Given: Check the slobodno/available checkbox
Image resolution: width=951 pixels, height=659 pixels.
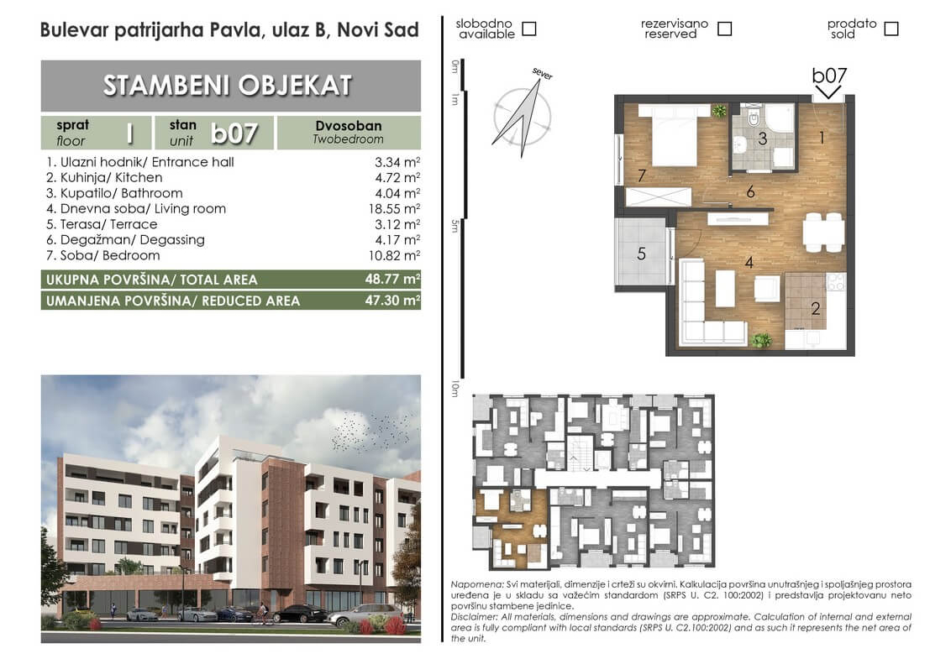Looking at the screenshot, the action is point(529,29).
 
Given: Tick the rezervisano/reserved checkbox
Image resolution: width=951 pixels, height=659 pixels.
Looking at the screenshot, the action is point(725,29).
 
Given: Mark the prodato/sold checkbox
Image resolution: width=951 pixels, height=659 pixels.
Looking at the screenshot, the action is point(891,29).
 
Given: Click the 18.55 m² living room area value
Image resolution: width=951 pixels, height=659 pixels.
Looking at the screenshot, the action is point(394,208).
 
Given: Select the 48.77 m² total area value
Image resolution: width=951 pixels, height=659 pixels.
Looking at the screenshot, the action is point(392,279).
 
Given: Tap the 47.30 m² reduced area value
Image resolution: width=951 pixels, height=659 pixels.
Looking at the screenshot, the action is point(392,300).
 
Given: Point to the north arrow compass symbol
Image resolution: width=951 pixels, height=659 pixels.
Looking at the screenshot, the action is point(523,116).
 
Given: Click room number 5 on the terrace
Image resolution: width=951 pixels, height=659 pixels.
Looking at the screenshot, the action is point(642,254).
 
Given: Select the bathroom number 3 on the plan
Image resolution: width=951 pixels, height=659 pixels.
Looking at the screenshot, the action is point(762,139).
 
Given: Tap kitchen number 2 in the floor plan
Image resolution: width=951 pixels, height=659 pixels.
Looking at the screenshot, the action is point(816,309).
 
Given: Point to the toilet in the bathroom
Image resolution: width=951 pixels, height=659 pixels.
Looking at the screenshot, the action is point(754,117).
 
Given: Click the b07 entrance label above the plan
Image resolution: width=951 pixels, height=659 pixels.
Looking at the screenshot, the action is point(829,76).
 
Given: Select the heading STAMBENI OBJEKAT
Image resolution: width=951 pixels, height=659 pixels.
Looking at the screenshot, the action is point(228,86).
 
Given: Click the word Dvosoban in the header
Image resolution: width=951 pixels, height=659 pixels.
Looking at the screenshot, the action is point(348,125).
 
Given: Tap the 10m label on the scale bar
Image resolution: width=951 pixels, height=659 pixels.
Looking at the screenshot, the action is point(454,389).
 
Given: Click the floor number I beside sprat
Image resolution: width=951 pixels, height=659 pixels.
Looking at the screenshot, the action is point(129,133).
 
